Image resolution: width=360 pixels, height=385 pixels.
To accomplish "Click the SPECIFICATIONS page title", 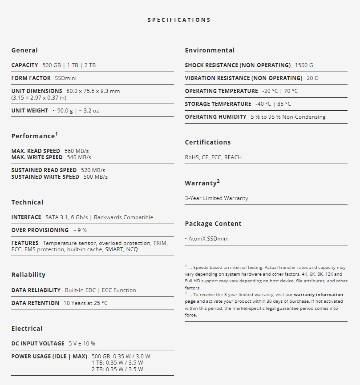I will click(179, 20).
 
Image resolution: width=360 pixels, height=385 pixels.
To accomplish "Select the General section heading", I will click(24, 50).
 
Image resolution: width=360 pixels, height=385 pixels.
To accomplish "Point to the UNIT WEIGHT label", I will click(30, 111).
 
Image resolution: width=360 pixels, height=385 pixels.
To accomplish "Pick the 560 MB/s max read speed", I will click(77, 151).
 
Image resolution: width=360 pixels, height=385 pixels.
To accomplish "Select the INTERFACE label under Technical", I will click(26, 217).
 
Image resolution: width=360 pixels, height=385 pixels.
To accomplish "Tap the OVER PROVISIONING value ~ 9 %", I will click(80, 230).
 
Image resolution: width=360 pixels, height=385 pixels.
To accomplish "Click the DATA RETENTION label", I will click(35, 303).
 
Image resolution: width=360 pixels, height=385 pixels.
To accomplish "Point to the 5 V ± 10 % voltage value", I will click(82, 344).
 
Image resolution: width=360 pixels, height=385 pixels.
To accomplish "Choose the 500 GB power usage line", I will click(121, 357).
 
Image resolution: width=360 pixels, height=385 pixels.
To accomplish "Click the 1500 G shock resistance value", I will click(304, 65).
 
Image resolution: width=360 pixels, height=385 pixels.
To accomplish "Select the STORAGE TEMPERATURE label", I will click(218, 104).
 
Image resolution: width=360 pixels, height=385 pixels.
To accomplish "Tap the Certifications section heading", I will click(208, 142).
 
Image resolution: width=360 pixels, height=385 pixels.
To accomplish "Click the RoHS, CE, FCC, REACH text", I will click(213, 157).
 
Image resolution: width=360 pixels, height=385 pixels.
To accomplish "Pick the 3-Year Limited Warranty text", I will click(216, 198).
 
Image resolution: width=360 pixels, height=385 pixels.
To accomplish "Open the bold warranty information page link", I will click(318, 295).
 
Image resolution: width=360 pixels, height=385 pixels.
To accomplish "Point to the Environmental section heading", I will click(210, 50).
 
